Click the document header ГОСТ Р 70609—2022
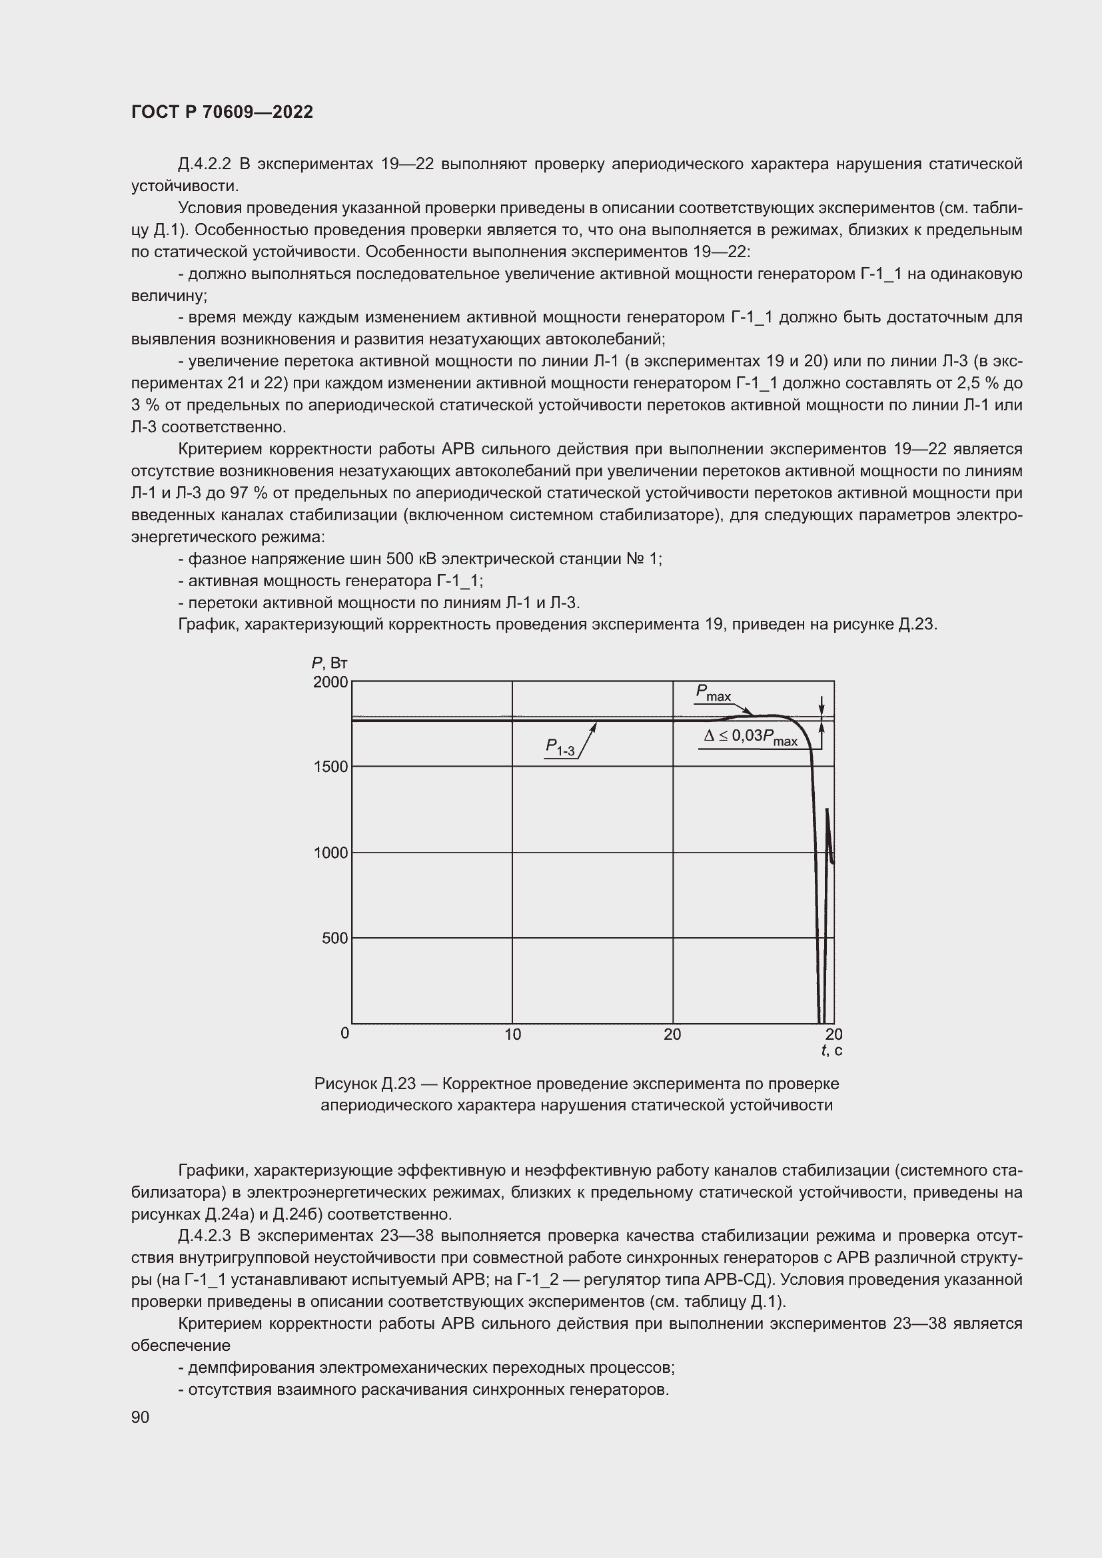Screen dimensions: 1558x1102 (222, 112)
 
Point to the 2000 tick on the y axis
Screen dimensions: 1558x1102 (330, 681)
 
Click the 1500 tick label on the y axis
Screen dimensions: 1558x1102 (330, 767)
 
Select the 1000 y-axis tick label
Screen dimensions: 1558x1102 (330, 853)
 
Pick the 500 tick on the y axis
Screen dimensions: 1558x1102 (334, 939)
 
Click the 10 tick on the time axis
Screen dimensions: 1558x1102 (512, 1035)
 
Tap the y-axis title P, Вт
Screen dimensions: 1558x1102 (330, 663)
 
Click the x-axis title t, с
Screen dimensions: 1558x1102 (832, 1051)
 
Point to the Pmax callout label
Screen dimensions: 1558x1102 (712, 693)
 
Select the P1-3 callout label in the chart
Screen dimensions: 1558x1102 (560, 747)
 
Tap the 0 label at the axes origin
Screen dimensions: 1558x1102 (344, 1034)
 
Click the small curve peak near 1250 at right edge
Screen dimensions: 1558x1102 (826, 810)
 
